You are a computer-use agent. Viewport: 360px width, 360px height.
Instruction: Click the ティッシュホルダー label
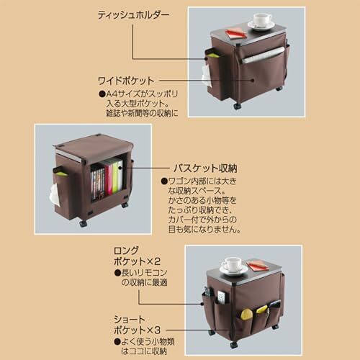pos(133,15)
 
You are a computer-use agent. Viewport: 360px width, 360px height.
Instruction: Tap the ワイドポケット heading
pos(126,81)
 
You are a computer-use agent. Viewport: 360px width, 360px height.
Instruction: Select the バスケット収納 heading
pos(205,168)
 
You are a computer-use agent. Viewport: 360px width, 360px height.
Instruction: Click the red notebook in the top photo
pos(236,32)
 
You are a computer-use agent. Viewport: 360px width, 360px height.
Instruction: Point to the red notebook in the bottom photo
pos(257,265)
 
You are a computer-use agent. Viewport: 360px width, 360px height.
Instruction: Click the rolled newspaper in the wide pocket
pos(263,55)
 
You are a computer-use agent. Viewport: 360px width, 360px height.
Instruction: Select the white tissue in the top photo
pos(206,74)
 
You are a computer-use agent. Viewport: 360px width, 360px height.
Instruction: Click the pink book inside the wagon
pos(109,178)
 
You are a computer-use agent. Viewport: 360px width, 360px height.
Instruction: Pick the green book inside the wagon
pos(116,176)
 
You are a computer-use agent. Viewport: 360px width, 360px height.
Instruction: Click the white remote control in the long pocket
pos(221,297)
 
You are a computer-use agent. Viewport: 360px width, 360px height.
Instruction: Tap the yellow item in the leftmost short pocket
pos(246,315)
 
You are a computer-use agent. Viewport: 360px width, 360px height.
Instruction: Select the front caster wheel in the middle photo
pos(83,224)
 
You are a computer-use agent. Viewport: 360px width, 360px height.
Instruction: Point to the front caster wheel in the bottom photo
pos(234,345)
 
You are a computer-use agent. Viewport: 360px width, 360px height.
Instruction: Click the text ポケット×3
pos(137,330)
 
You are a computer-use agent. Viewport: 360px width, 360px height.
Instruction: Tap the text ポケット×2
pos(137,261)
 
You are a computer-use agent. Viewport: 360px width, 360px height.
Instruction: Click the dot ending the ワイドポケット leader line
pos(252,81)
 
